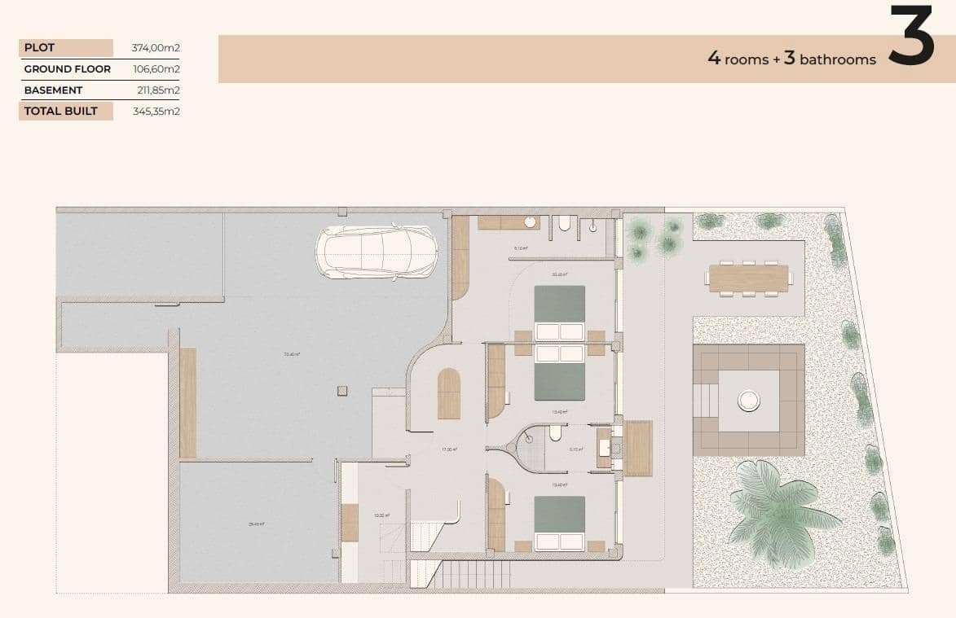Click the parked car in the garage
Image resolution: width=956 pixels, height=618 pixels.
[x=377, y=252]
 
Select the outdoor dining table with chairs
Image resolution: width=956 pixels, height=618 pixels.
[x=748, y=278]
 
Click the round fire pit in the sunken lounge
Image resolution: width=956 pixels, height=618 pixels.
[x=748, y=400]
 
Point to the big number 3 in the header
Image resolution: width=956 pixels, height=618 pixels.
[x=910, y=36]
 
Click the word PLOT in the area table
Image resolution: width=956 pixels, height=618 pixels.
[x=39, y=48]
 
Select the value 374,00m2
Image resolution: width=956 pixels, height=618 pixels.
[x=156, y=48]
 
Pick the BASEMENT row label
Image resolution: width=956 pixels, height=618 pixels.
[x=53, y=90]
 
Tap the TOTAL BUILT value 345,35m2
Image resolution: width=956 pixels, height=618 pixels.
[x=156, y=112]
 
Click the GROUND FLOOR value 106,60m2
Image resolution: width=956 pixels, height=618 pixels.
[x=156, y=69]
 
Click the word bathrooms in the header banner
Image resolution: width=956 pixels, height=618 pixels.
[x=838, y=59]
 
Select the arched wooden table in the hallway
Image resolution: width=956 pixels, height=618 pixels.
[x=448, y=394]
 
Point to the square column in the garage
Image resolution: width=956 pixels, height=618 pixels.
[x=340, y=391]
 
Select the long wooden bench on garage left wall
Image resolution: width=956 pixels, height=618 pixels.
[x=188, y=402]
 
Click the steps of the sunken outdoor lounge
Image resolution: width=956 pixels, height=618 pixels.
[x=706, y=400]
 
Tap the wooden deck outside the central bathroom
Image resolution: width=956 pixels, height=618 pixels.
[x=637, y=448]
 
